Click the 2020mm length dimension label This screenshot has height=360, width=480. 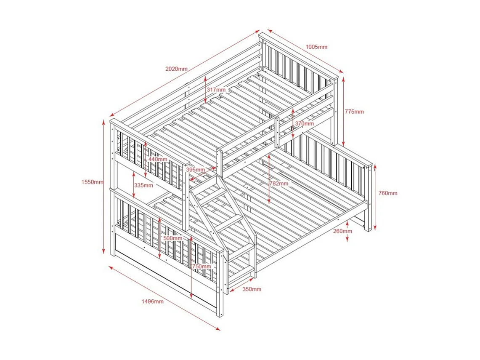176,69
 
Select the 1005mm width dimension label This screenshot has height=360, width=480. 316,47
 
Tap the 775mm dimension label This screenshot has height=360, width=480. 354,112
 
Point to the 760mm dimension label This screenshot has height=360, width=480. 387,193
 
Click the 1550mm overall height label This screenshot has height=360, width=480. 93,182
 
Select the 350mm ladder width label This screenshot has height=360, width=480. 252,289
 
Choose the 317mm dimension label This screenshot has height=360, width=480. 216,90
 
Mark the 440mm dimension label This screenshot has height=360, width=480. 157,160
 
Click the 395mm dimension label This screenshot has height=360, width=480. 195,170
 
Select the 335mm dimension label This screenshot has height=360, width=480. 143,185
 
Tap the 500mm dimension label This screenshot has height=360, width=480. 172,238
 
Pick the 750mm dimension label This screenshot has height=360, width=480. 201,267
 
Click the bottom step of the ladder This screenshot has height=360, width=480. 241,270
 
